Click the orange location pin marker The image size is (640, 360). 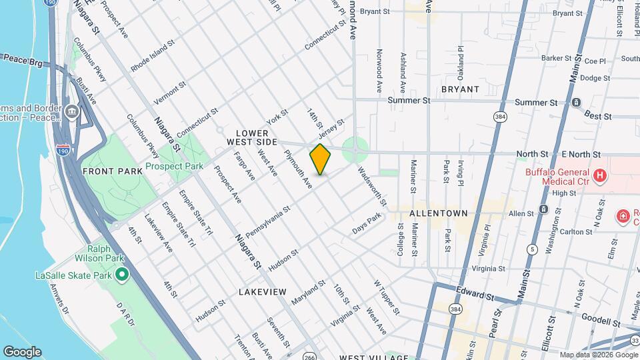(x=321, y=159)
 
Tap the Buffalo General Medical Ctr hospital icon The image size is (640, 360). (x=600, y=176)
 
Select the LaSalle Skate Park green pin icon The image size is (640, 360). (x=122, y=275)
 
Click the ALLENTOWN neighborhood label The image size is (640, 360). (x=439, y=214)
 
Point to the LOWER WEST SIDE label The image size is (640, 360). (x=251, y=137)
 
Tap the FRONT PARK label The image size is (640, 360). (x=113, y=171)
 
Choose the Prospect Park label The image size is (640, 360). (x=174, y=167)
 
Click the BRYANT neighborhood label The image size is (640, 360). (x=460, y=89)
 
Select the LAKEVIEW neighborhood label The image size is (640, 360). (x=263, y=292)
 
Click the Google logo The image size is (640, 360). (x=22, y=352)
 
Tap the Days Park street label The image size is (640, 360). (x=367, y=223)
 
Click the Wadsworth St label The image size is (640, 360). (x=372, y=185)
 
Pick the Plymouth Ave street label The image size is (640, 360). (x=298, y=168)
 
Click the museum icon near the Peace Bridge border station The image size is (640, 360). (x=71, y=111)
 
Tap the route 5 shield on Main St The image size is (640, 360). (x=532, y=249)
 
